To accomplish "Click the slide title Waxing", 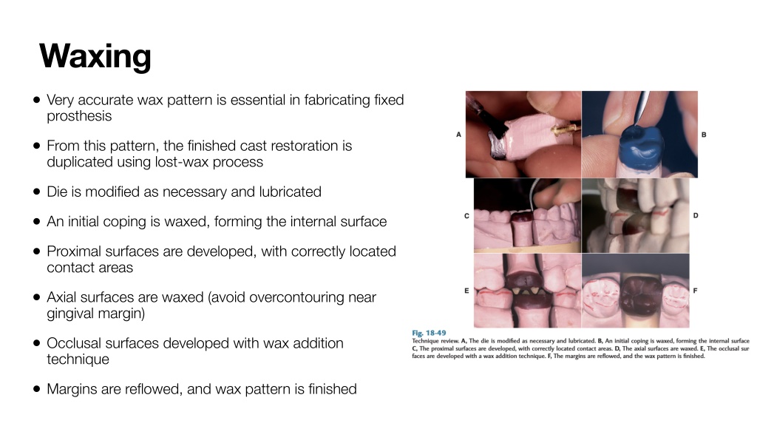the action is (95, 57).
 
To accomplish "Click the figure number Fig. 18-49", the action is (429, 333).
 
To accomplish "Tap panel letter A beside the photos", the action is (458, 135).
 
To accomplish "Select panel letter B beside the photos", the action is (704, 135).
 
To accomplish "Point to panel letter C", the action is (466, 216).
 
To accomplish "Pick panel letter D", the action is (696, 215).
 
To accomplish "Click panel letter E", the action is (466, 291).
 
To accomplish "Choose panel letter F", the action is (695, 291).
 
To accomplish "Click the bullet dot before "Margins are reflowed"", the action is (37, 389).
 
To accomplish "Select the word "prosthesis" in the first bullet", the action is (79, 116).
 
